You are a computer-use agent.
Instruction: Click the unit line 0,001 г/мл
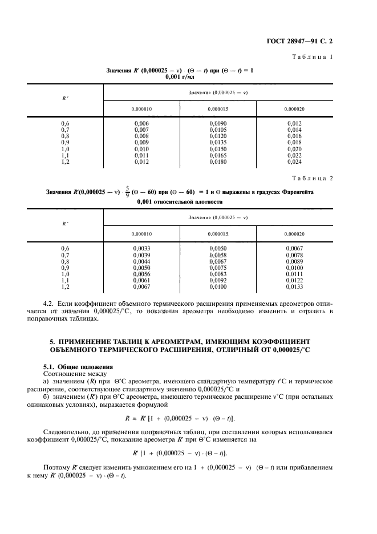pos(180,76)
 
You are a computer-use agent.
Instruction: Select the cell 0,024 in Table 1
pos(294,161)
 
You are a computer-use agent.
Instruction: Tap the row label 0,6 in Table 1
pos(65,124)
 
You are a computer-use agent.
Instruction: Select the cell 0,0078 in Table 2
pos(294,254)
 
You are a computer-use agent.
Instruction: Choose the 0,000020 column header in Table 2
pos(294,233)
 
